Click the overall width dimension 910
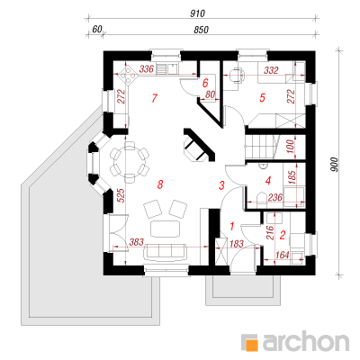tap(197, 13)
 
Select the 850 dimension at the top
tap(201, 30)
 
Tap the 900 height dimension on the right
tap(334, 165)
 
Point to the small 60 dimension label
tap(97, 30)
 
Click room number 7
tap(155, 98)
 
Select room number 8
tap(160, 184)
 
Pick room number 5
tap(263, 97)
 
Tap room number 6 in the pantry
tap(205, 83)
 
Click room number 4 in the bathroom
tap(268, 181)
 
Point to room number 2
tap(282, 235)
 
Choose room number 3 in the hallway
tap(221, 185)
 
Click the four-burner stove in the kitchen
tap(128, 75)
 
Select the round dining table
tap(130, 162)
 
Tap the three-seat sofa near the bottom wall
tap(166, 251)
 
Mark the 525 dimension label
tap(121, 195)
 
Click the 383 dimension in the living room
tap(137, 242)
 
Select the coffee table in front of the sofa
tap(166, 229)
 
